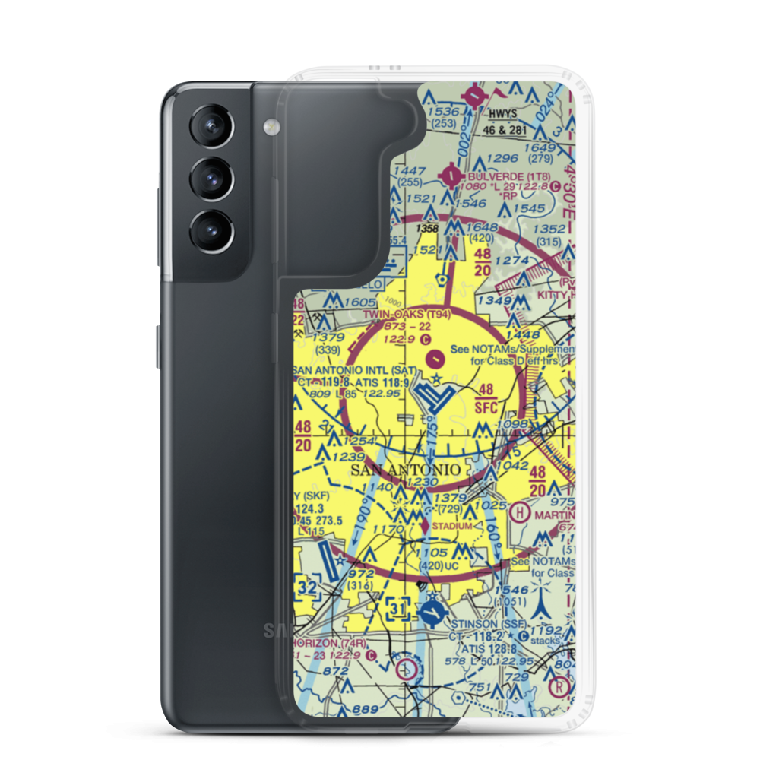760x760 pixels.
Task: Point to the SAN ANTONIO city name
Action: (x=406, y=470)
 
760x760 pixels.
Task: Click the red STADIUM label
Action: (x=451, y=525)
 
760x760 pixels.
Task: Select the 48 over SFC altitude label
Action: (x=487, y=397)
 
